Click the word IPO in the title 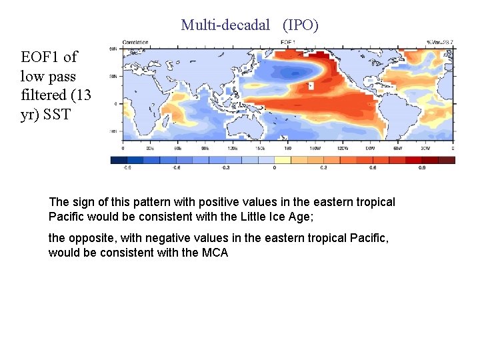click(301, 25)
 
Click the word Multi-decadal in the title click(225, 25)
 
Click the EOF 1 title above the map click(288, 43)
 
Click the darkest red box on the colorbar click(447, 160)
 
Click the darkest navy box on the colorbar click(119, 160)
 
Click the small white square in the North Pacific click(309, 86)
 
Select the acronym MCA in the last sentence click(215, 253)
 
